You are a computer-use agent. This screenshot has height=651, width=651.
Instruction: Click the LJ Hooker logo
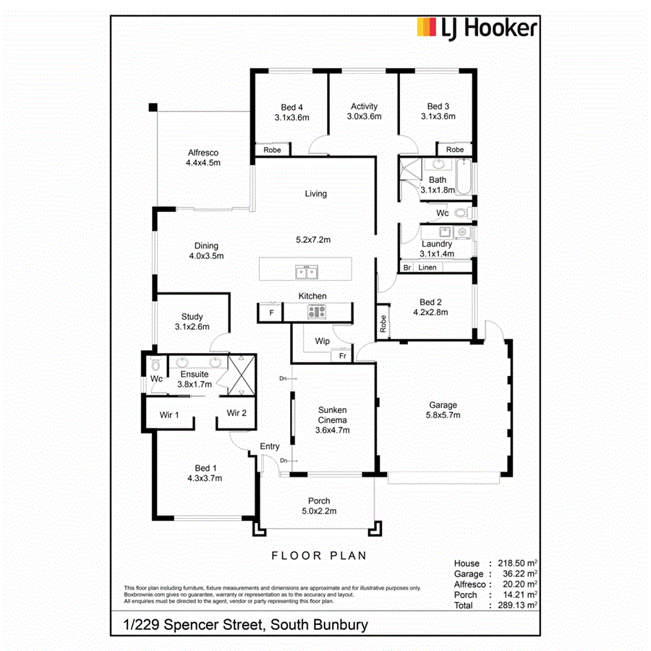[x=477, y=29]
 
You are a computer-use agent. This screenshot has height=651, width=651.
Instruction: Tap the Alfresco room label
[x=203, y=153]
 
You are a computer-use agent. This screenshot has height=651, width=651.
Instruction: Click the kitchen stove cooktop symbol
[x=316, y=312]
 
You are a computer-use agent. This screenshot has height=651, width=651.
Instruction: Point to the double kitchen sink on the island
[x=306, y=272]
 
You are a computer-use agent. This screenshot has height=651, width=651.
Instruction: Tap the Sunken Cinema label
[x=333, y=414]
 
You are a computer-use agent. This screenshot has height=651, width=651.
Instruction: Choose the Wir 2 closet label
[x=237, y=413]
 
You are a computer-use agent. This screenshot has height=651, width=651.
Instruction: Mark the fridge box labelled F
[x=271, y=312]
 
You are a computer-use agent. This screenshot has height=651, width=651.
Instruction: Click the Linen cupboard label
[x=427, y=268]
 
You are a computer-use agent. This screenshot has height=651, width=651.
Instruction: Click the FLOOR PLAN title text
[x=319, y=556]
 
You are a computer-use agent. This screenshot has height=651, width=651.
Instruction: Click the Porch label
[x=319, y=501]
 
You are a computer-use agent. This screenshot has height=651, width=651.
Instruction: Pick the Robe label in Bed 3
[x=454, y=150]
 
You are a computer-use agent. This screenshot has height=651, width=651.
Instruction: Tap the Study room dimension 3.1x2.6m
[x=192, y=327]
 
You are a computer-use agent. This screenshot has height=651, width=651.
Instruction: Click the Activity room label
[x=364, y=106]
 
